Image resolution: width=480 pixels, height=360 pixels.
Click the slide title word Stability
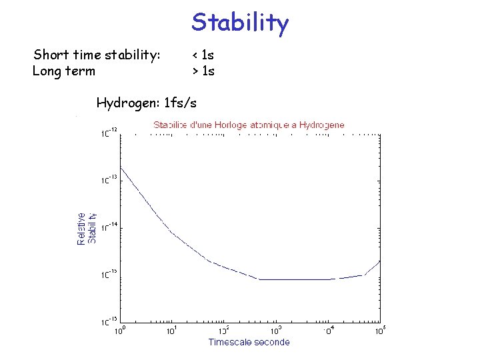coord(240,23)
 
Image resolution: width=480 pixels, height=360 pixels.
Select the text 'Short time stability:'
coord(97,55)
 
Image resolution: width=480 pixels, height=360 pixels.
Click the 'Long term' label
coord(64,71)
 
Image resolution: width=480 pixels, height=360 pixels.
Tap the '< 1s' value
coord(203,55)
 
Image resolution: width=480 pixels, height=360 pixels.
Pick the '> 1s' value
coord(203,71)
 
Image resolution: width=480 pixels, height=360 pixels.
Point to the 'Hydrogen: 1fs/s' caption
coord(147,103)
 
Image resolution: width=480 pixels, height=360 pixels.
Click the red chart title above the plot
coord(249,125)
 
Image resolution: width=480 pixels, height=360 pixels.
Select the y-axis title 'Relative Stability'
coord(86,228)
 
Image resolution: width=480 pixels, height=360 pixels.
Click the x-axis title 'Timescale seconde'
coord(249,342)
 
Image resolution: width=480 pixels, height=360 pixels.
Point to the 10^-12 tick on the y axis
coord(109,131)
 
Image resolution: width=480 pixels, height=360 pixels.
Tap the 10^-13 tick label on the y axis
coord(109,179)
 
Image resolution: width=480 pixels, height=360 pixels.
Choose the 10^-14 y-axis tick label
coord(109,226)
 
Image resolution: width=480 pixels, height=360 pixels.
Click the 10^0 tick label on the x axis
coord(120,329)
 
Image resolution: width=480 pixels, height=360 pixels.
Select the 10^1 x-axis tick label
coord(172,329)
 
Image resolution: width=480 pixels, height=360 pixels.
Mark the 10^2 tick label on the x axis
coord(224,329)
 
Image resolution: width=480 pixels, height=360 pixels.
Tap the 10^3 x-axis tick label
coord(276,329)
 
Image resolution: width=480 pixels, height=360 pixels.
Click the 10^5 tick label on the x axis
coord(380,329)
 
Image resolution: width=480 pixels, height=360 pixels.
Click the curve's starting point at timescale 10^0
coord(120,167)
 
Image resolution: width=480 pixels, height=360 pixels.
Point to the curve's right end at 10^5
coord(380,261)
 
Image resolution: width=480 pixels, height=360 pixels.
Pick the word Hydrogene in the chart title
coord(323,125)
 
